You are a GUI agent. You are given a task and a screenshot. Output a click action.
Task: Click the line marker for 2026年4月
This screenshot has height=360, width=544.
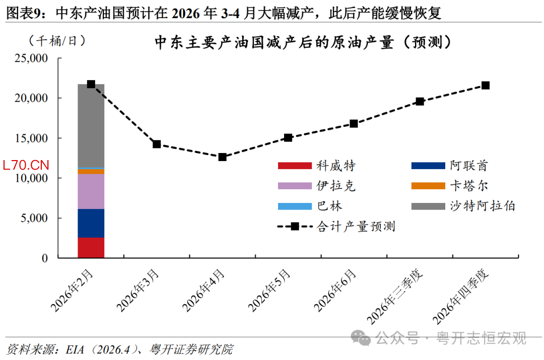coord(222,157)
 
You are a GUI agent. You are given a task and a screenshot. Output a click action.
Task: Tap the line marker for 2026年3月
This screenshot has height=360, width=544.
coord(157,144)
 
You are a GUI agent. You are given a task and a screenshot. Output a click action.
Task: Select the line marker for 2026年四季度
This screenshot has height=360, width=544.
coord(486,85)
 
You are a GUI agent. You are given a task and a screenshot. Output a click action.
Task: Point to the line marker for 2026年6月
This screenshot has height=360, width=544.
coord(354,123)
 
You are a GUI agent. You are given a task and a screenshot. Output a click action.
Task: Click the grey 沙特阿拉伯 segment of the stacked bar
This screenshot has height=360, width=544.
coord(91,126)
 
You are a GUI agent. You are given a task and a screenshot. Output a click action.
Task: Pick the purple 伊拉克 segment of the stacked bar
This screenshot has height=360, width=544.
coord(91,191)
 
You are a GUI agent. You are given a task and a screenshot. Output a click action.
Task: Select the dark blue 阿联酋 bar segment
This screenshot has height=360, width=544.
coord(91,223)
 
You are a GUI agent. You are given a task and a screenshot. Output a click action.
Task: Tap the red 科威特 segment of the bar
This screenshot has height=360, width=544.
coord(91,248)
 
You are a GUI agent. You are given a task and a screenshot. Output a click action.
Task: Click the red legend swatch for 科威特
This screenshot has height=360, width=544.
coord(295,166)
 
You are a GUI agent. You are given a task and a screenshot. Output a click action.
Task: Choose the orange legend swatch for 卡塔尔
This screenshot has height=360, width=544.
coord(429,186)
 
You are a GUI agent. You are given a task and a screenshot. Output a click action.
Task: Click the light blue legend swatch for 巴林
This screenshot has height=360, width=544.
coord(295,206)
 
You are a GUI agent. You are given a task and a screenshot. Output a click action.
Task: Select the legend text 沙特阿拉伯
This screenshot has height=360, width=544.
coord(483,206)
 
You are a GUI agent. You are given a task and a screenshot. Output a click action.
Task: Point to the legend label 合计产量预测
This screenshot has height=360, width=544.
coord(356,227)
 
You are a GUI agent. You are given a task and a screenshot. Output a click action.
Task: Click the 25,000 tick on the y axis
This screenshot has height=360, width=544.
coord(31,58)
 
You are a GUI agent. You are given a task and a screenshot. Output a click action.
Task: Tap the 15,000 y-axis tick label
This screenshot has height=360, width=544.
coord(31,138)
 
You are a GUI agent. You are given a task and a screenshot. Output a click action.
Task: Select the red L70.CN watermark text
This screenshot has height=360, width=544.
coord(26,165)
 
